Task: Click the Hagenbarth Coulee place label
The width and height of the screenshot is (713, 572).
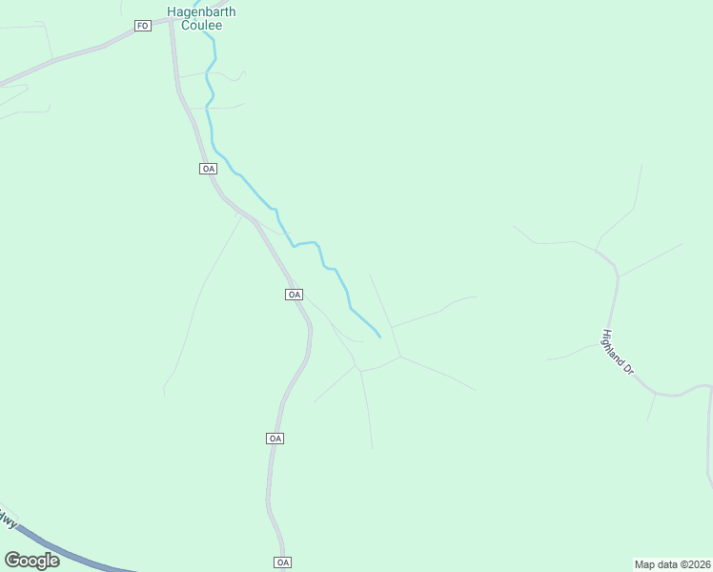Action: click(201, 18)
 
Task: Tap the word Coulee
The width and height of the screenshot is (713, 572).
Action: click(201, 26)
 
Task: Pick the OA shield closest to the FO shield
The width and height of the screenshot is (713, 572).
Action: click(209, 169)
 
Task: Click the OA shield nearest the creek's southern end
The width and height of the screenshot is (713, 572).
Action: click(294, 295)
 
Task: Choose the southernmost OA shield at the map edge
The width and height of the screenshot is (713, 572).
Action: click(282, 562)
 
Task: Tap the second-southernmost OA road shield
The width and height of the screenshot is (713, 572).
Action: click(275, 439)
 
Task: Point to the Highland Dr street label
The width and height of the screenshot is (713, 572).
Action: click(618, 351)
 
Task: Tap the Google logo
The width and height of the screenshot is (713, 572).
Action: click(32, 561)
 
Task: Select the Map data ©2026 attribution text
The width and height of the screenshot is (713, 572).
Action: click(672, 564)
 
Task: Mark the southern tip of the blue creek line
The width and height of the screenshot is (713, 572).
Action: click(380, 337)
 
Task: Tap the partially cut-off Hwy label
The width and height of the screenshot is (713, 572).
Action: click(8, 520)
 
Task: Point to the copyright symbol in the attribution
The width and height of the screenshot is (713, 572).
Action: click(683, 564)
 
